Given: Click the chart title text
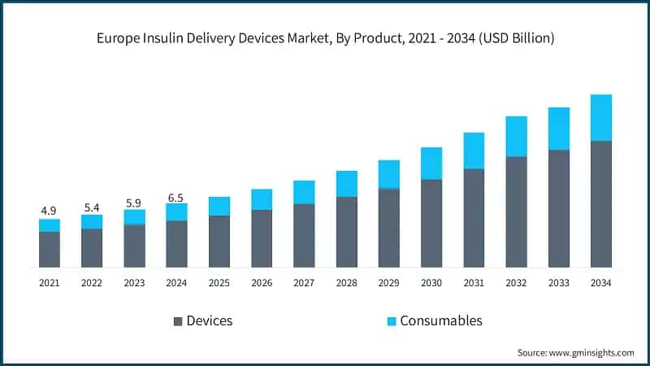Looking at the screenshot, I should (x=325, y=37).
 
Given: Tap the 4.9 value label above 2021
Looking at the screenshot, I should (x=50, y=211).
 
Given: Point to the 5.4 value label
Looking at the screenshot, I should (x=92, y=207).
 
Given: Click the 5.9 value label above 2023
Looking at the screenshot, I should (x=134, y=202).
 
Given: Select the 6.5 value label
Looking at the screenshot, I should (x=176, y=196).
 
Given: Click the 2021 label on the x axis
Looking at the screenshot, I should (x=50, y=283).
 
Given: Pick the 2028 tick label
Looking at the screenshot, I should (x=347, y=283).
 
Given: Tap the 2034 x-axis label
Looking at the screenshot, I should (x=601, y=283).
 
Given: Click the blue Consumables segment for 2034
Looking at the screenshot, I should (x=601, y=118).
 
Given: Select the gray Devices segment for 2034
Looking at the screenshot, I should (x=601, y=204).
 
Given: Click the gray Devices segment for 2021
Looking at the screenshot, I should (x=50, y=250).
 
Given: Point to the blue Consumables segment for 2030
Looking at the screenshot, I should (x=431, y=163).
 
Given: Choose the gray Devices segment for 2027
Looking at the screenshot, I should (x=304, y=235).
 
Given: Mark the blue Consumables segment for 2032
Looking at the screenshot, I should (x=517, y=137).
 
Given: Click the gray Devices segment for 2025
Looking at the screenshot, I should (x=219, y=242).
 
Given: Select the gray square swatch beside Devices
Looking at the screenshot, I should (x=177, y=320).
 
